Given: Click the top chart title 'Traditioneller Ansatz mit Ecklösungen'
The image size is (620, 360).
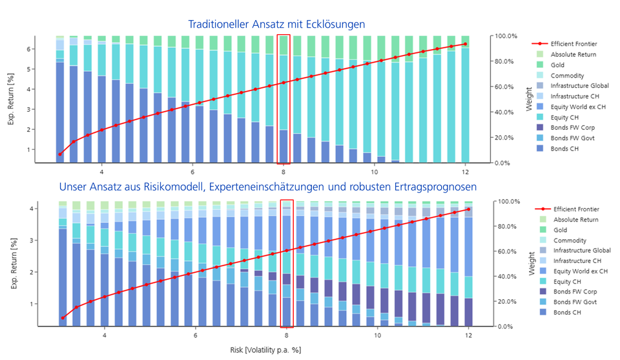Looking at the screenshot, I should (x=276, y=24).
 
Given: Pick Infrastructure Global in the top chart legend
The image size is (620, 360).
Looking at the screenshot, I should (x=579, y=85).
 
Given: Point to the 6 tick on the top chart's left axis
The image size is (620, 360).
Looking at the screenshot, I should (x=29, y=48).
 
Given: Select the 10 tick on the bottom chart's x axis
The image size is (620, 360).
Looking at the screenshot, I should (x=377, y=337).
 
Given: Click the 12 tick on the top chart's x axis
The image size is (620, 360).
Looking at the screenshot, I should (x=465, y=173).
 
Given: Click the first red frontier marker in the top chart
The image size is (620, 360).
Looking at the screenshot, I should (x=60, y=154).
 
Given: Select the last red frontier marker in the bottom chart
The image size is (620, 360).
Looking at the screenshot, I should (x=468, y=209).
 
